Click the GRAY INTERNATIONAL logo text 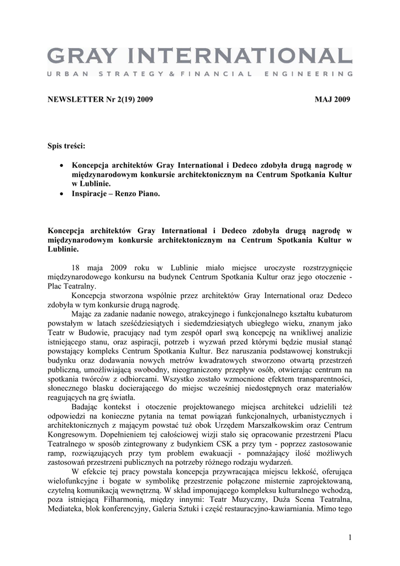[x=199, y=56]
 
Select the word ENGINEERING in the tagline [x=310, y=74]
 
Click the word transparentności [x=322, y=379]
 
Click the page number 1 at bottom [x=350, y=538]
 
